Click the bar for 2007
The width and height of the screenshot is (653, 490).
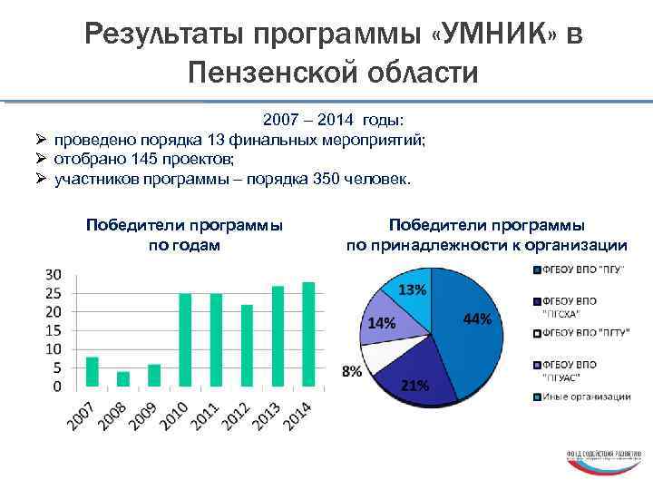92,372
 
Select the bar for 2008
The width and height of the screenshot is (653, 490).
123,379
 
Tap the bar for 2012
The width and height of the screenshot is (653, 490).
246,346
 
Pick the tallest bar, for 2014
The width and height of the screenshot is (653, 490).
308,335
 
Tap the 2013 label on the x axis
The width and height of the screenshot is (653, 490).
269,416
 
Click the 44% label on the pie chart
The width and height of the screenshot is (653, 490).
477,319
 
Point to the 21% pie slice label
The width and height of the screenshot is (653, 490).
414,385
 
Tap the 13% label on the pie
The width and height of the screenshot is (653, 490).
413,289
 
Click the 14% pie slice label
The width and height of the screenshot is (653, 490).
381,323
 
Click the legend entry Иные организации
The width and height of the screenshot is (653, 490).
584,397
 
